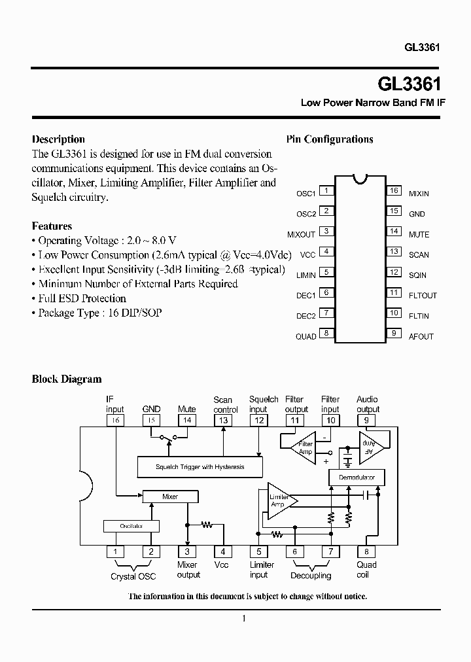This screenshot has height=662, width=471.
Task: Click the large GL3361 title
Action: click(x=409, y=85)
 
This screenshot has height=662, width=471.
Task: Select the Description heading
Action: click(x=58, y=139)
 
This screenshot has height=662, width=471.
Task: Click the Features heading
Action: click(x=52, y=226)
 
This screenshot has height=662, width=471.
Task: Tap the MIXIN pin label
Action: click(x=419, y=194)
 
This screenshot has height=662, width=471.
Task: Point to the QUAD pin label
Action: click(x=305, y=337)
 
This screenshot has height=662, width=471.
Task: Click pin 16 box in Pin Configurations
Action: click(x=394, y=191)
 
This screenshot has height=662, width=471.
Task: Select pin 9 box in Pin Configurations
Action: click(x=394, y=333)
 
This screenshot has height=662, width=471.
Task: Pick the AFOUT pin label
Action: click(x=421, y=337)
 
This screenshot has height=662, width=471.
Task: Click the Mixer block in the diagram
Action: click(x=169, y=496)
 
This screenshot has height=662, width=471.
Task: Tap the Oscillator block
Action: click(x=131, y=526)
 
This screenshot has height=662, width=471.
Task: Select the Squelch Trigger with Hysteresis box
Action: click(x=200, y=466)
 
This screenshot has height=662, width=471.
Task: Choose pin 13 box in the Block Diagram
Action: click(x=223, y=420)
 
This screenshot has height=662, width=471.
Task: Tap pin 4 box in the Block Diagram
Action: click(x=222, y=551)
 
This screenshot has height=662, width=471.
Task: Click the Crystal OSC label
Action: click(x=133, y=576)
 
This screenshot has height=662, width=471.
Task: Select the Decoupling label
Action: click(x=311, y=576)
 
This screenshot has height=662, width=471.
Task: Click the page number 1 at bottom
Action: click(x=243, y=619)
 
